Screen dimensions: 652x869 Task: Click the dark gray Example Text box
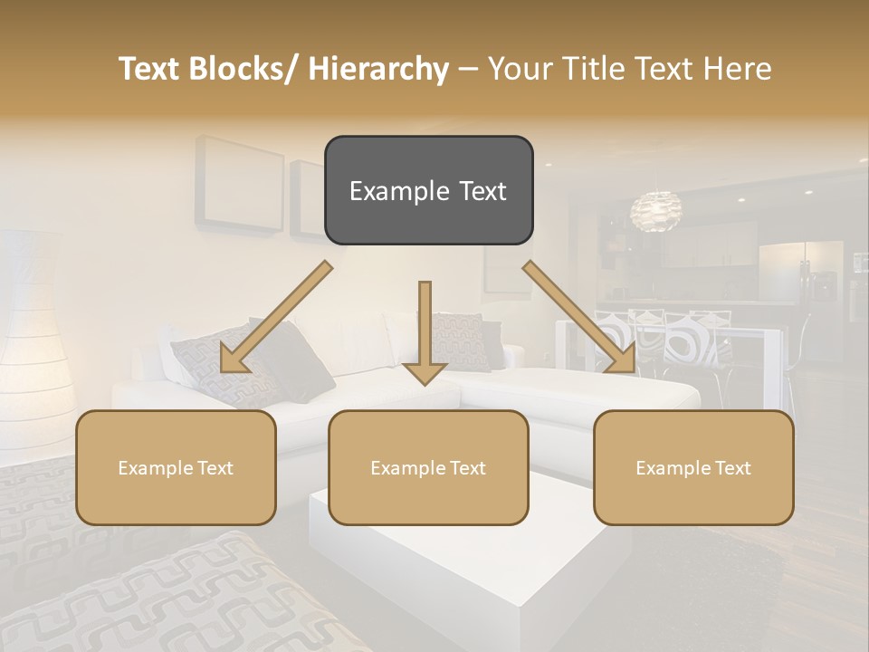[428, 190]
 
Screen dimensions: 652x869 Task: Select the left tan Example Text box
[176, 467]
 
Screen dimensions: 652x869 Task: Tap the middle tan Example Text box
[427, 467]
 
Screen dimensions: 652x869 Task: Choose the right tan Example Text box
[693, 467]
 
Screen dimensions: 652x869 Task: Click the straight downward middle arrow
[425, 331]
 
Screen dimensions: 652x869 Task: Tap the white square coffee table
[453, 561]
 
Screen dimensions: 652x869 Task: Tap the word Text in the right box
[733, 467]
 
